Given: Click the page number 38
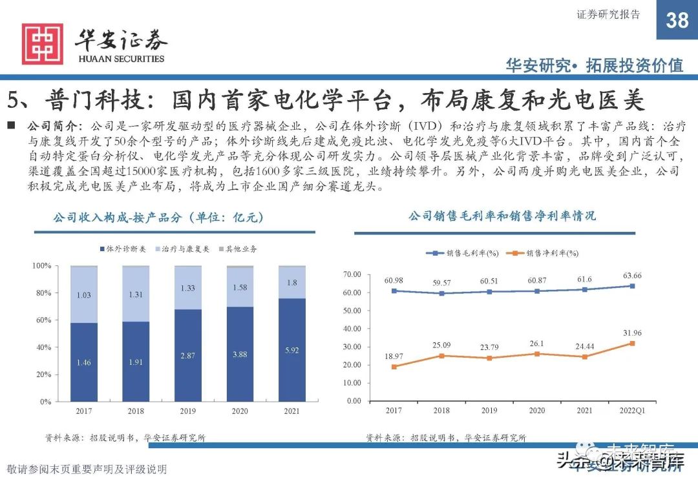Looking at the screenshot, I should [x=677, y=20].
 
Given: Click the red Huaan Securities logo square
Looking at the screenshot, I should [x=43, y=44].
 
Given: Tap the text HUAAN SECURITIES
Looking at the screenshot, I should [x=121, y=59].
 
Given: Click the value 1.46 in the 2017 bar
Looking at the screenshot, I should [x=83, y=363].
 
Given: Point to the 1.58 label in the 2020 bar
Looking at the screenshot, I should [x=239, y=287].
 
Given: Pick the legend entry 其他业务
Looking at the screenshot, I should [x=241, y=249].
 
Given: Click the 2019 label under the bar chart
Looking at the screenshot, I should [x=187, y=411].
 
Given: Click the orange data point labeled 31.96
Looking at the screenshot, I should [x=632, y=344].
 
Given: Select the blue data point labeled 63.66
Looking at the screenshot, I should [x=632, y=286].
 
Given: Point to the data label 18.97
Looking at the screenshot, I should [x=394, y=356].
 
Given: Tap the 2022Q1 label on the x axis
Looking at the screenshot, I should [x=632, y=411].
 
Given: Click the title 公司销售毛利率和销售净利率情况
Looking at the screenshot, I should [x=502, y=216].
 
